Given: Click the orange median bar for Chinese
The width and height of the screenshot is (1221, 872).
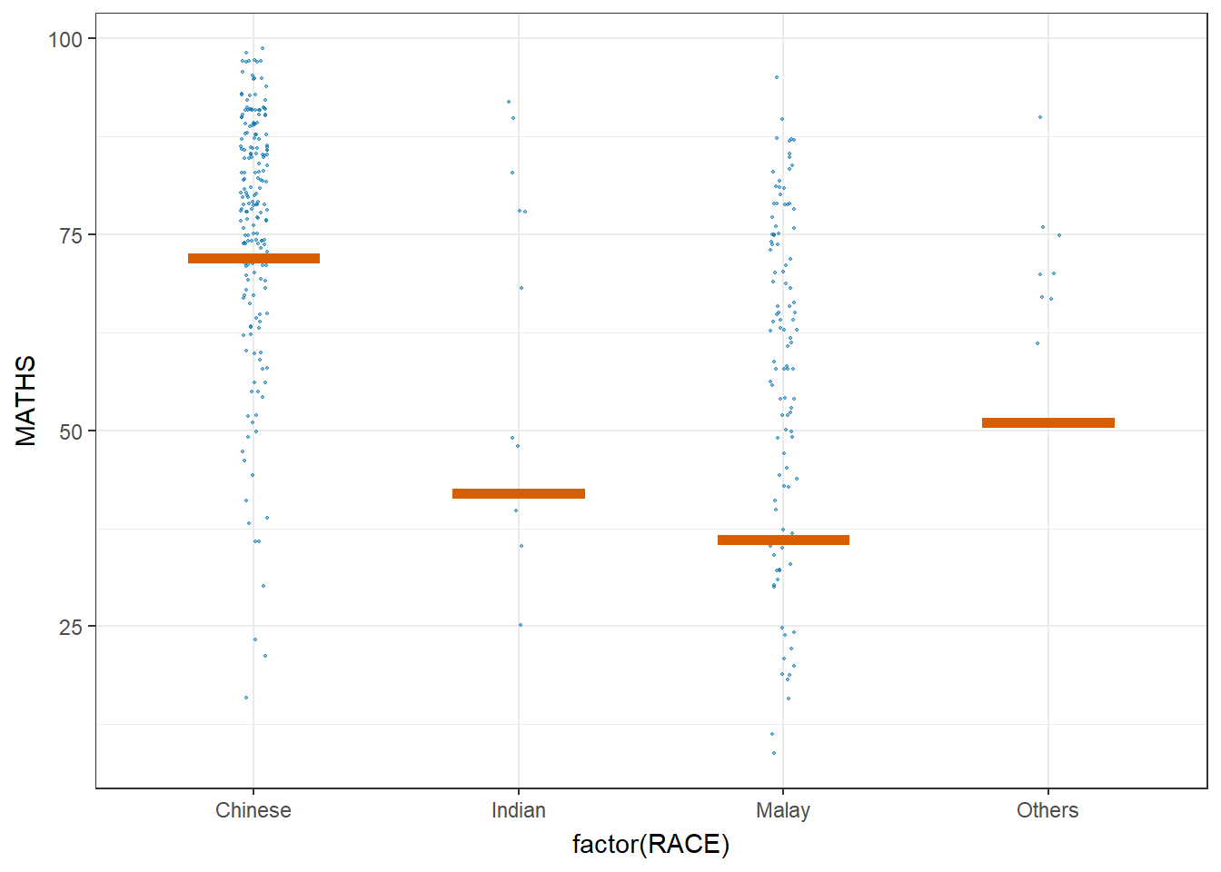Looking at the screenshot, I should point(253,259).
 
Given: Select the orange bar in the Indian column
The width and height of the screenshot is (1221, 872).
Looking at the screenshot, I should point(519,494).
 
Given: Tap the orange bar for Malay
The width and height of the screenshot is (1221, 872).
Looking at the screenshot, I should point(783,540).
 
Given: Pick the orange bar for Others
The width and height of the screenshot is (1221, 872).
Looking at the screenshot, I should point(1048,423).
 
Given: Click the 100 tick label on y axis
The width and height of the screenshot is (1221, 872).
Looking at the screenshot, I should point(65,39).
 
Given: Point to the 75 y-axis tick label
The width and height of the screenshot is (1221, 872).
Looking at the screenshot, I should point(71,235).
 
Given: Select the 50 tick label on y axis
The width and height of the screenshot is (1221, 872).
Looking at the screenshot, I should point(71,431).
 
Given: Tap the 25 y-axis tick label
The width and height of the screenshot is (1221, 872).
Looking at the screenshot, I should point(71,627).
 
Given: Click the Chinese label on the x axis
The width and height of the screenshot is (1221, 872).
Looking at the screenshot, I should point(253,810).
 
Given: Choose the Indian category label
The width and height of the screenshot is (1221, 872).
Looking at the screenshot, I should point(519,810).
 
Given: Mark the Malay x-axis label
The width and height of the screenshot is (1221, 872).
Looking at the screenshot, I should point(783,810).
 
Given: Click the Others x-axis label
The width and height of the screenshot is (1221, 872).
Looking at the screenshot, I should point(1047,810).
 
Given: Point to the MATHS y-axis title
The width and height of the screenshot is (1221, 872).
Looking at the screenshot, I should point(26,401).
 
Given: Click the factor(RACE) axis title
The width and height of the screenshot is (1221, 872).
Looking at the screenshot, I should point(650,845).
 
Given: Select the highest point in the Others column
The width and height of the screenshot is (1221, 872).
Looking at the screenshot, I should point(1040,117).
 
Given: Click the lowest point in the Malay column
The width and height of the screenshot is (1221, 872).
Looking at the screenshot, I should point(774,753).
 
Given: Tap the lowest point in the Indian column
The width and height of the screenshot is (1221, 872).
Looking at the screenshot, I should point(521,625).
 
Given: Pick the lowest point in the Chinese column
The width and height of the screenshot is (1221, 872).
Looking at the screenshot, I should point(246,698).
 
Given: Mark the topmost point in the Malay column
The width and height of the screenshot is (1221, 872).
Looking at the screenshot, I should point(777,77).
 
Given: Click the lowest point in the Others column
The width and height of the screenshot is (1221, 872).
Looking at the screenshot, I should point(1037,343).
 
